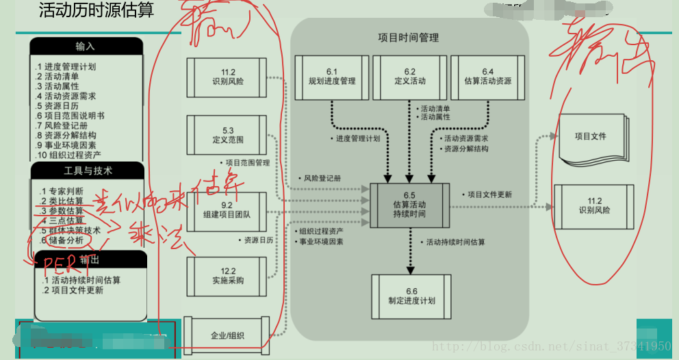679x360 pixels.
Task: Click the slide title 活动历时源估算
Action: pyautogui.click(x=97, y=10)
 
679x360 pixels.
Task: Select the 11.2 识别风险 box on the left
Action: pyautogui.click(x=228, y=77)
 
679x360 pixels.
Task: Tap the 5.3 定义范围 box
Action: pyautogui.click(x=228, y=135)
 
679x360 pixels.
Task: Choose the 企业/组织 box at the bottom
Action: pyautogui.click(x=227, y=335)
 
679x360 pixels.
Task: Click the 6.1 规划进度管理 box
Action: pyautogui.click(x=332, y=76)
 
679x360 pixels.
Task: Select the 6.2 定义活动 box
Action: pyautogui.click(x=409, y=76)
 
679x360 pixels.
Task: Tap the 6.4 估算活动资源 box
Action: pyautogui.click(x=487, y=76)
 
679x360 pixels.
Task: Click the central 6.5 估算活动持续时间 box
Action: pyautogui.click(x=409, y=205)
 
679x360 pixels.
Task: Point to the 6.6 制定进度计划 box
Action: pyautogui.click(x=411, y=296)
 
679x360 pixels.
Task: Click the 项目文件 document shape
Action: pyautogui.click(x=590, y=137)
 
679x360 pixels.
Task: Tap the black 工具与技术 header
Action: pyautogui.click(x=88, y=170)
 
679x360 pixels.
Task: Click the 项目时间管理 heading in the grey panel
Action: pyautogui.click(x=409, y=38)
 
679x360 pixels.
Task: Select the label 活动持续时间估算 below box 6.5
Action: pyautogui.click(x=455, y=242)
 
